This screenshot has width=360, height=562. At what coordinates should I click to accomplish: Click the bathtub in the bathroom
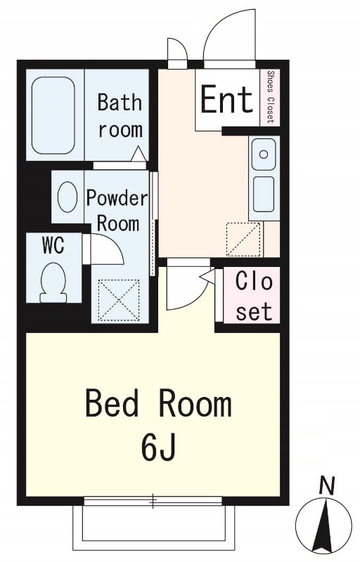(53, 115)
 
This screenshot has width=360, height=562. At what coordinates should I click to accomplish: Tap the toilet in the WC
(53, 283)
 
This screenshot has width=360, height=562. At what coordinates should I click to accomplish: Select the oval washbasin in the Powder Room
(67, 197)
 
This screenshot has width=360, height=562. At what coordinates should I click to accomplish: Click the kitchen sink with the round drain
(264, 154)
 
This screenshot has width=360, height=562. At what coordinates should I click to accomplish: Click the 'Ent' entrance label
(226, 99)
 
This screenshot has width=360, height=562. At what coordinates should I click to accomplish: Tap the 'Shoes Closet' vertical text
(271, 97)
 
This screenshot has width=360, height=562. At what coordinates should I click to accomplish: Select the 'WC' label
(53, 245)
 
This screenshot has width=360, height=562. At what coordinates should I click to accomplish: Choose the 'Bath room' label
(120, 115)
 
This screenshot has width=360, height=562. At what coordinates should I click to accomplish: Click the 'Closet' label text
(254, 296)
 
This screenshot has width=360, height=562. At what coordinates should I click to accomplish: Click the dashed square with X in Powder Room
(119, 300)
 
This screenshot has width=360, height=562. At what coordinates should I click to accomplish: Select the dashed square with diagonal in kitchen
(243, 239)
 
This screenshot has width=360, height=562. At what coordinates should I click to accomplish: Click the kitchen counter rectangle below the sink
(264, 194)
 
